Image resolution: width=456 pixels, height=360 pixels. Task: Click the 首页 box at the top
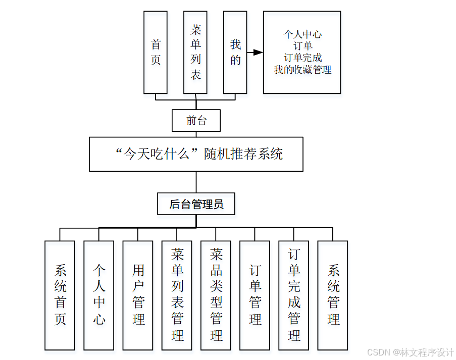156,53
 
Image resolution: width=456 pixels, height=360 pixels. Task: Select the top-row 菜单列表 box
195,53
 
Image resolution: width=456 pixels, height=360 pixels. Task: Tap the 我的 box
235,53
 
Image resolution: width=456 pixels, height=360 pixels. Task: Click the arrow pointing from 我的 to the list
256,52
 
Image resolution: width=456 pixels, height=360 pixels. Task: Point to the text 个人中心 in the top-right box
302,34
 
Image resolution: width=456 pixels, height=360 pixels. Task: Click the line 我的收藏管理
302,70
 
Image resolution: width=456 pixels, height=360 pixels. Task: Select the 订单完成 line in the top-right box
302,58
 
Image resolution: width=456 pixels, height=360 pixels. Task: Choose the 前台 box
196,120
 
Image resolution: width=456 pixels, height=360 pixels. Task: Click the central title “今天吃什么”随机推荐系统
196,154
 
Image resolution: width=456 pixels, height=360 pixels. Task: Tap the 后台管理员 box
196,204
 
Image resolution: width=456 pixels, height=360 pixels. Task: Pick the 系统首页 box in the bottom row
60,295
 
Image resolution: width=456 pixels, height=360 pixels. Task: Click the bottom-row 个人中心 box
99,295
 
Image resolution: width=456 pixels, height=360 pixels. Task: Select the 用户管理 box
138,295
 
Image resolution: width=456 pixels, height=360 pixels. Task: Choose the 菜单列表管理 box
177,295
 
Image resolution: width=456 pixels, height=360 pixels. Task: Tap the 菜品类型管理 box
216,295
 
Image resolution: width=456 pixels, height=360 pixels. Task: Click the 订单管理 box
255,295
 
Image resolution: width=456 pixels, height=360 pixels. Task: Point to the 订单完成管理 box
293,295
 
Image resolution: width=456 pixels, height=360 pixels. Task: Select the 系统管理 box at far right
333,295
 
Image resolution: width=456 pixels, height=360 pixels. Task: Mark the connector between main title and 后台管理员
196,182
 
